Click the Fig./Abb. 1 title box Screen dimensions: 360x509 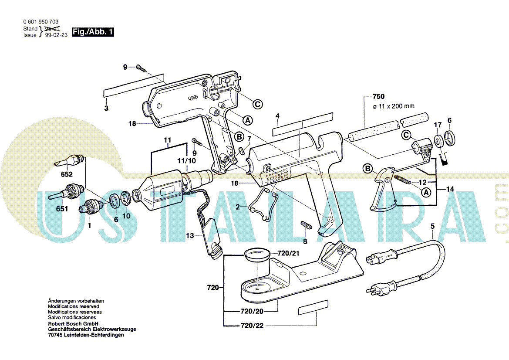point(93,32)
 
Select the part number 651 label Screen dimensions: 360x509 point(62,209)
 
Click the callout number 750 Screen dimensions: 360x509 point(379,97)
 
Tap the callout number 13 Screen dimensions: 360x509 point(190,236)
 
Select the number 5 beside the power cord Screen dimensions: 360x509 point(432,226)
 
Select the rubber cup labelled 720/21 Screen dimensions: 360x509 point(257,254)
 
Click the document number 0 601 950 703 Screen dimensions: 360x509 point(41,22)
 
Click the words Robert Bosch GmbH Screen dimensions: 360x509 point(72,324)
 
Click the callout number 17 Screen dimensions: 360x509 point(438,125)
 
